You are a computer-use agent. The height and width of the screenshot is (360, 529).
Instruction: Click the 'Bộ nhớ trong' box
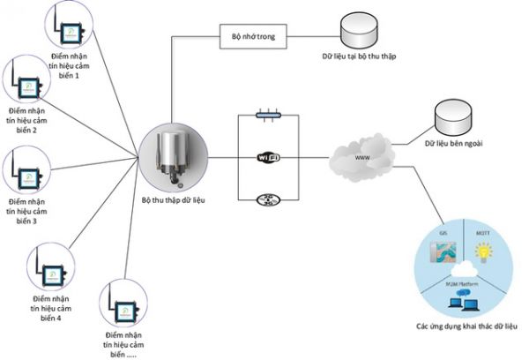coord(248,36)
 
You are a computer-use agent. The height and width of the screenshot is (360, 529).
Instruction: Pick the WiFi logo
coord(268,158)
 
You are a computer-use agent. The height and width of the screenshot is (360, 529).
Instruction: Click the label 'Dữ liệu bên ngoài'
coord(453,144)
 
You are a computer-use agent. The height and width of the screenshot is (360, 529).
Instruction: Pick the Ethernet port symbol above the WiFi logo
coord(267,114)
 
